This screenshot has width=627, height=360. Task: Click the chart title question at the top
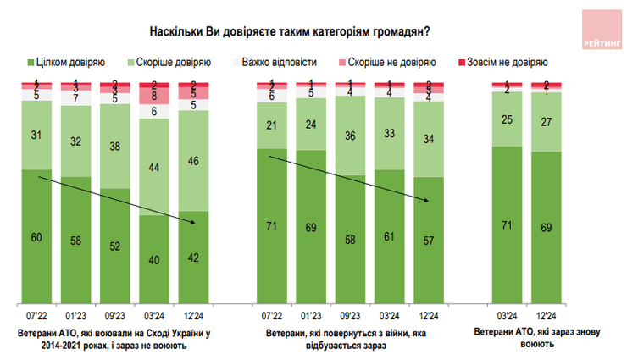point(289,31)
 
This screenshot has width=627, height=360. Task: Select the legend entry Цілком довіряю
point(67,62)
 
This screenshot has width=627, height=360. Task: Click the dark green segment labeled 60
point(37,236)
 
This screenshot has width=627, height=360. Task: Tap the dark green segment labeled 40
point(154,259)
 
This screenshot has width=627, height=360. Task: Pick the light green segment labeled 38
point(115,144)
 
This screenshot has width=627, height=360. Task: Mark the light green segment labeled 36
point(349,136)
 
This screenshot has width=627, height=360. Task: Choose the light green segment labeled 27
point(546,121)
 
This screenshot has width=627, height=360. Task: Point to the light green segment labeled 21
point(271,125)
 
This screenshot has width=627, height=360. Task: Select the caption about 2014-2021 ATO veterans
point(114,338)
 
